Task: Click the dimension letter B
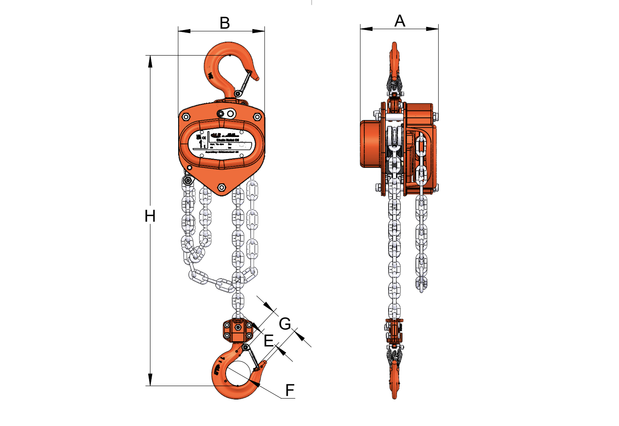tap(224, 23)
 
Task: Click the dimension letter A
tap(399, 21)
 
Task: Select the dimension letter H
tap(150, 216)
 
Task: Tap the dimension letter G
tap(285, 324)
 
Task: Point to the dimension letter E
tap(269, 341)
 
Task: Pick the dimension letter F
tap(290, 390)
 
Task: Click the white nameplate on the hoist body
tap(222, 142)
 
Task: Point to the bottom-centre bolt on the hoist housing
tap(222, 187)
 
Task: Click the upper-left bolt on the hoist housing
tap(186, 116)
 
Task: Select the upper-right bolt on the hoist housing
tap(257, 116)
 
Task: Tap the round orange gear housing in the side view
tap(370, 144)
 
